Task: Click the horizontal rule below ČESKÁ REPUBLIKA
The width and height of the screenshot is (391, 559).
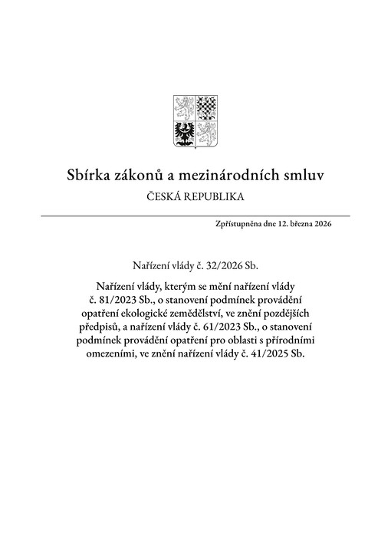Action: pyautogui.click(x=195, y=216)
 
